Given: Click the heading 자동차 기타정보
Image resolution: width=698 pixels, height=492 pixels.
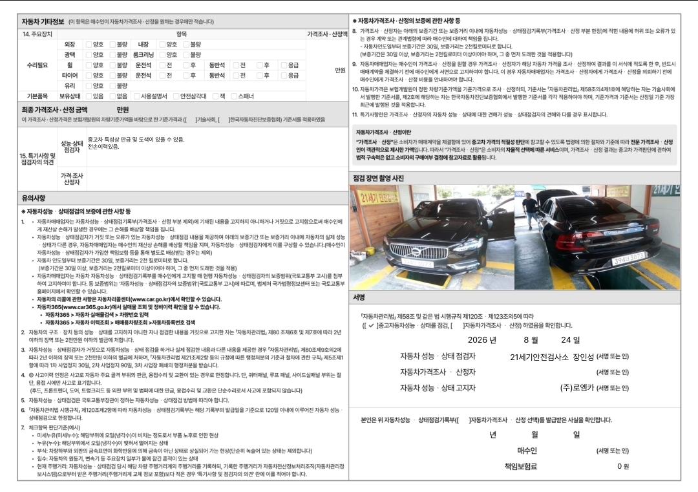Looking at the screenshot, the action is pyautogui.click(x=43, y=21).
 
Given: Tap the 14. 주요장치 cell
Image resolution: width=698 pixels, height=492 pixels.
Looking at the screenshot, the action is pyautogui.click(x=37, y=34).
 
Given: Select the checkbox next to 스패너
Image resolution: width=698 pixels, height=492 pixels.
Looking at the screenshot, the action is pyautogui.click(x=234, y=96).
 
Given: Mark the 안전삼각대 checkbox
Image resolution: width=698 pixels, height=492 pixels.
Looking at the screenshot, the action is pyautogui.click(x=176, y=96).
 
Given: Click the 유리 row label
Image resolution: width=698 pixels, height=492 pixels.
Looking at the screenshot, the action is pyautogui.click(x=69, y=85).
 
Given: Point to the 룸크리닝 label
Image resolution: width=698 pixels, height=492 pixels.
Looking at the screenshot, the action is pyautogui.click(x=143, y=55).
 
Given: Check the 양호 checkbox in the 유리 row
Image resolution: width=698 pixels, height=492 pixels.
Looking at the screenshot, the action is pyautogui.click(x=89, y=85).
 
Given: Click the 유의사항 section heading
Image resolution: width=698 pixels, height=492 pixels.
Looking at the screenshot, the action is pyautogui.click(x=34, y=198).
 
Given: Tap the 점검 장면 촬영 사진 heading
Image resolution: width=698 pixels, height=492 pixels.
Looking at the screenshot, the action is pyautogui.click(x=378, y=178).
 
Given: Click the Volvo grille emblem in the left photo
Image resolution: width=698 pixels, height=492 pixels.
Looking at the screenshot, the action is pyautogui.click(x=416, y=252).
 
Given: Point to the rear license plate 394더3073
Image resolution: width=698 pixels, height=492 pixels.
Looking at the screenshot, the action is pyautogui.click(x=629, y=259).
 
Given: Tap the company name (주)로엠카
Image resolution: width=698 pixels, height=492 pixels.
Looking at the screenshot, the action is pyautogui.click(x=577, y=388).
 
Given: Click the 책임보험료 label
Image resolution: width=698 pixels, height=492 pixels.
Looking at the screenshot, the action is pyautogui.click(x=520, y=466).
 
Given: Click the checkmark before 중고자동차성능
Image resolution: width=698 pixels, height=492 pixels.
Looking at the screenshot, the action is pyautogui.click(x=371, y=325).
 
